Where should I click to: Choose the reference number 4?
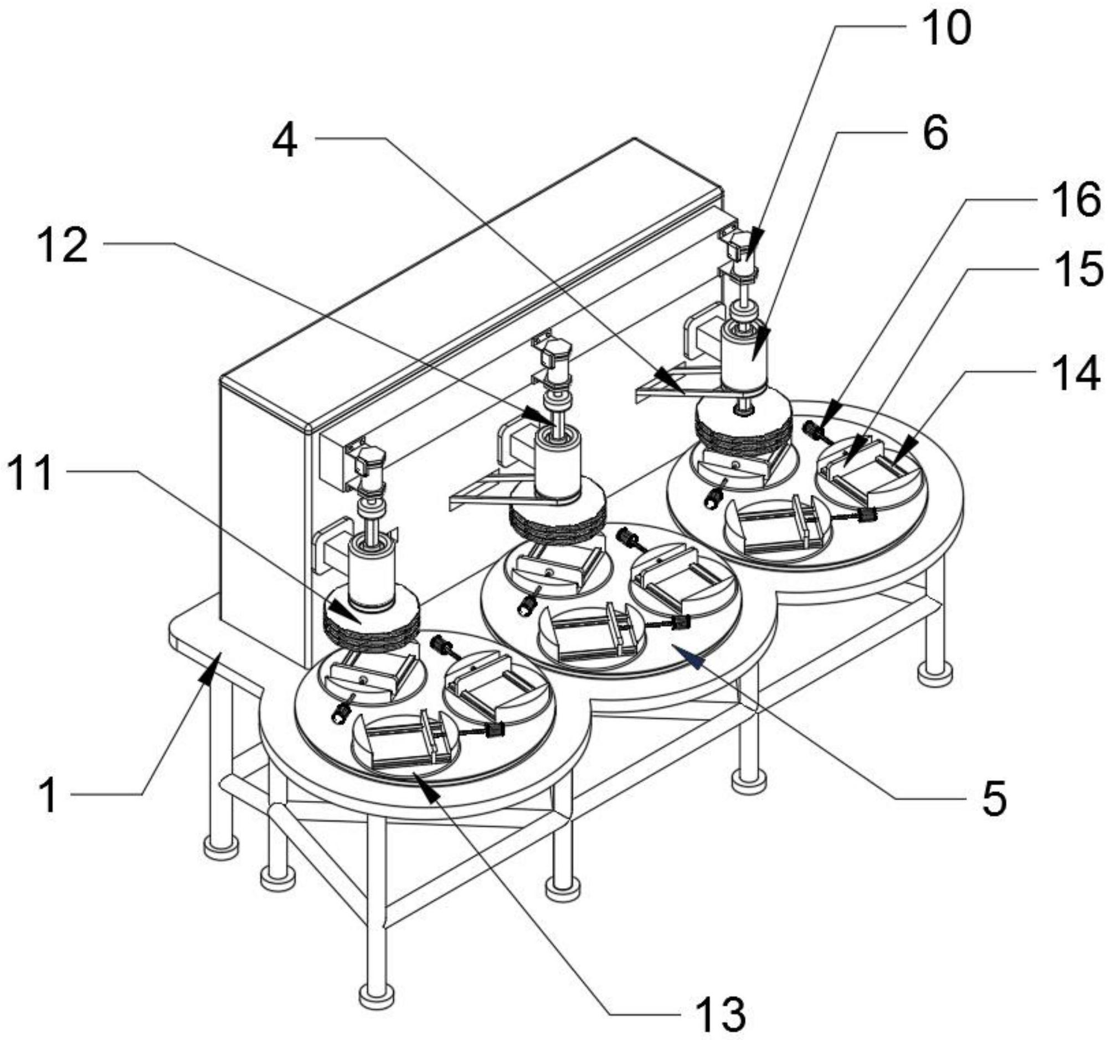pyautogui.click(x=286, y=141)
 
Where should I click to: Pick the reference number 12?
pyautogui.click(x=63, y=245)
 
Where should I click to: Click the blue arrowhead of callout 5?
pyautogui.click(x=686, y=655)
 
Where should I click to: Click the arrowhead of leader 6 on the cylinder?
pyautogui.click(x=761, y=342)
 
